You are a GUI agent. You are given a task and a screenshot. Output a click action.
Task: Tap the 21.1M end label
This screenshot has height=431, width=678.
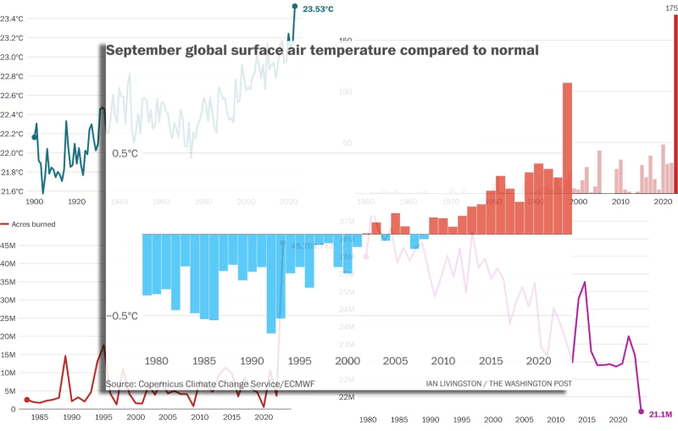point(661,414)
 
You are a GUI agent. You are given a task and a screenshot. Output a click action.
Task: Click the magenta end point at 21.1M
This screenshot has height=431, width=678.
point(641,412)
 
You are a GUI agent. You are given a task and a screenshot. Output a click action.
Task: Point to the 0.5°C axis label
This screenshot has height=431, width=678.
point(124,153)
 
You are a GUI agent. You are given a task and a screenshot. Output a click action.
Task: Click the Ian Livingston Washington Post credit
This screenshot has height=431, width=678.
point(499,384)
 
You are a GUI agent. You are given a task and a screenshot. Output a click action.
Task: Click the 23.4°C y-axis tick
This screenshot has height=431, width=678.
point(12,19)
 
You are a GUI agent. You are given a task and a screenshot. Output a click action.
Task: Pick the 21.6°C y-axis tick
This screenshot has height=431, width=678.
point(12,191)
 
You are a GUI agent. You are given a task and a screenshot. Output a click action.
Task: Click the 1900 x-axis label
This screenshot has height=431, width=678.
point(34,202)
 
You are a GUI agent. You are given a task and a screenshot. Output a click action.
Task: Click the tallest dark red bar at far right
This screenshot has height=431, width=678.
point(675,102)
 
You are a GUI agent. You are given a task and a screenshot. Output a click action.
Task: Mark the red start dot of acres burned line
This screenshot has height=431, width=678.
point(26,400)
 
